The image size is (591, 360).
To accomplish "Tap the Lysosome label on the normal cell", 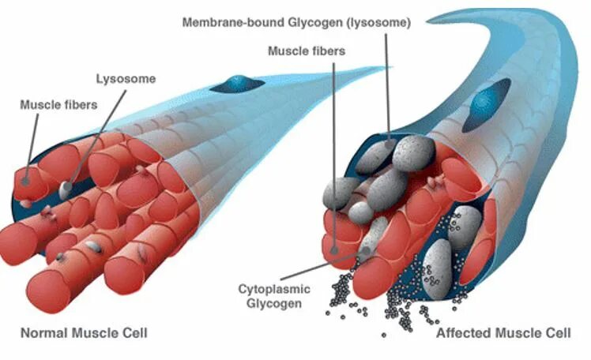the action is [x=126, y=79].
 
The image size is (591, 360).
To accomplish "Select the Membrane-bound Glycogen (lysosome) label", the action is [x=296, y=23].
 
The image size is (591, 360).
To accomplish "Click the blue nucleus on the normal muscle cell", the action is [x=236, y=83].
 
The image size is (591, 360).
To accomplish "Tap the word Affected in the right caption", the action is [x=463, y=333].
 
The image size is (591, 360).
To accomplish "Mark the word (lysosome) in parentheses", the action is [x=379, y=23].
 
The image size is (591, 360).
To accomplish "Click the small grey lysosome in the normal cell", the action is [x=66, y=189].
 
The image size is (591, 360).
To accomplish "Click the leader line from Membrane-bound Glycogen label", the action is [x=387, y=87].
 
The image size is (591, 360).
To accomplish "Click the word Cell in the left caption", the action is [x=134, y=332].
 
